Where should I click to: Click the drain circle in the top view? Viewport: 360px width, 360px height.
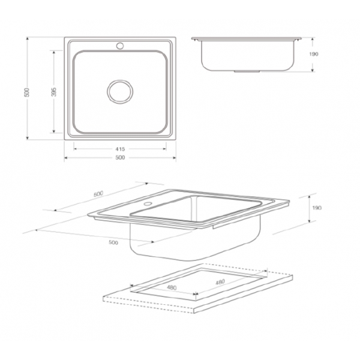tap(120, 80)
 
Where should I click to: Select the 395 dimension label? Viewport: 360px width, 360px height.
tap(54, 92)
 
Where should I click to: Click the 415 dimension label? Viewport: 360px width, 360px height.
tap(120, 149)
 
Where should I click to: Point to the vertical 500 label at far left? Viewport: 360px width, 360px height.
tap(27, 92)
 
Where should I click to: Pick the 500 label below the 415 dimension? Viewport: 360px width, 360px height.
tap(120, 157)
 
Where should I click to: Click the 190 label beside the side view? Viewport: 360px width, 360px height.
tap(314, 54)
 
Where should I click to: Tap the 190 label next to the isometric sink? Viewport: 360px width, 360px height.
tap(317, 208)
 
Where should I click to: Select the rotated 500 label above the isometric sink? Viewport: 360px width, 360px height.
tap(98, 194)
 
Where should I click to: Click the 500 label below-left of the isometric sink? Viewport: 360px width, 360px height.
tap(113, 242)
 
